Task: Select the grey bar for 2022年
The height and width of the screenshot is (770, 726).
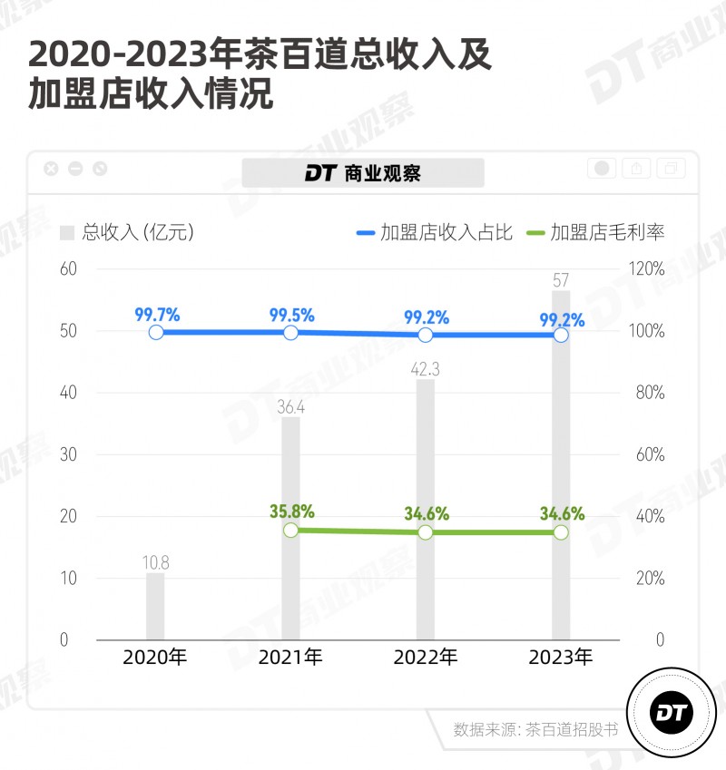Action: click(426, 508)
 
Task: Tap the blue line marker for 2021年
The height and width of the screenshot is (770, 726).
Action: click(290, 333)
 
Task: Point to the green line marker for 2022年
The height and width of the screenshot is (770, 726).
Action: click(426, 532)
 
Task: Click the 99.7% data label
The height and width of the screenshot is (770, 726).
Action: click(157, 315)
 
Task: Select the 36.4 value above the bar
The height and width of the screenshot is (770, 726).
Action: click(290, 408)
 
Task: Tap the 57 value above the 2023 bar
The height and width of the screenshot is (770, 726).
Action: click(561, 280)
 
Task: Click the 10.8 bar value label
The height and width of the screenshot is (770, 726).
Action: click(155, 562)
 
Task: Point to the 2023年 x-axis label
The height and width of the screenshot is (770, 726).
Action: click(561, 658)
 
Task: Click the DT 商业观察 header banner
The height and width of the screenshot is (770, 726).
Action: click(363, 172)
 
